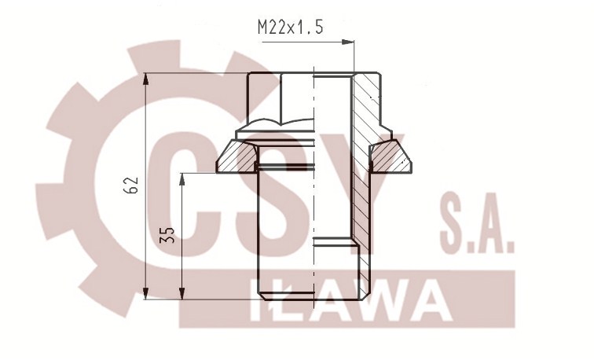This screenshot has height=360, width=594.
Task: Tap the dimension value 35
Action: (166, 235)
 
